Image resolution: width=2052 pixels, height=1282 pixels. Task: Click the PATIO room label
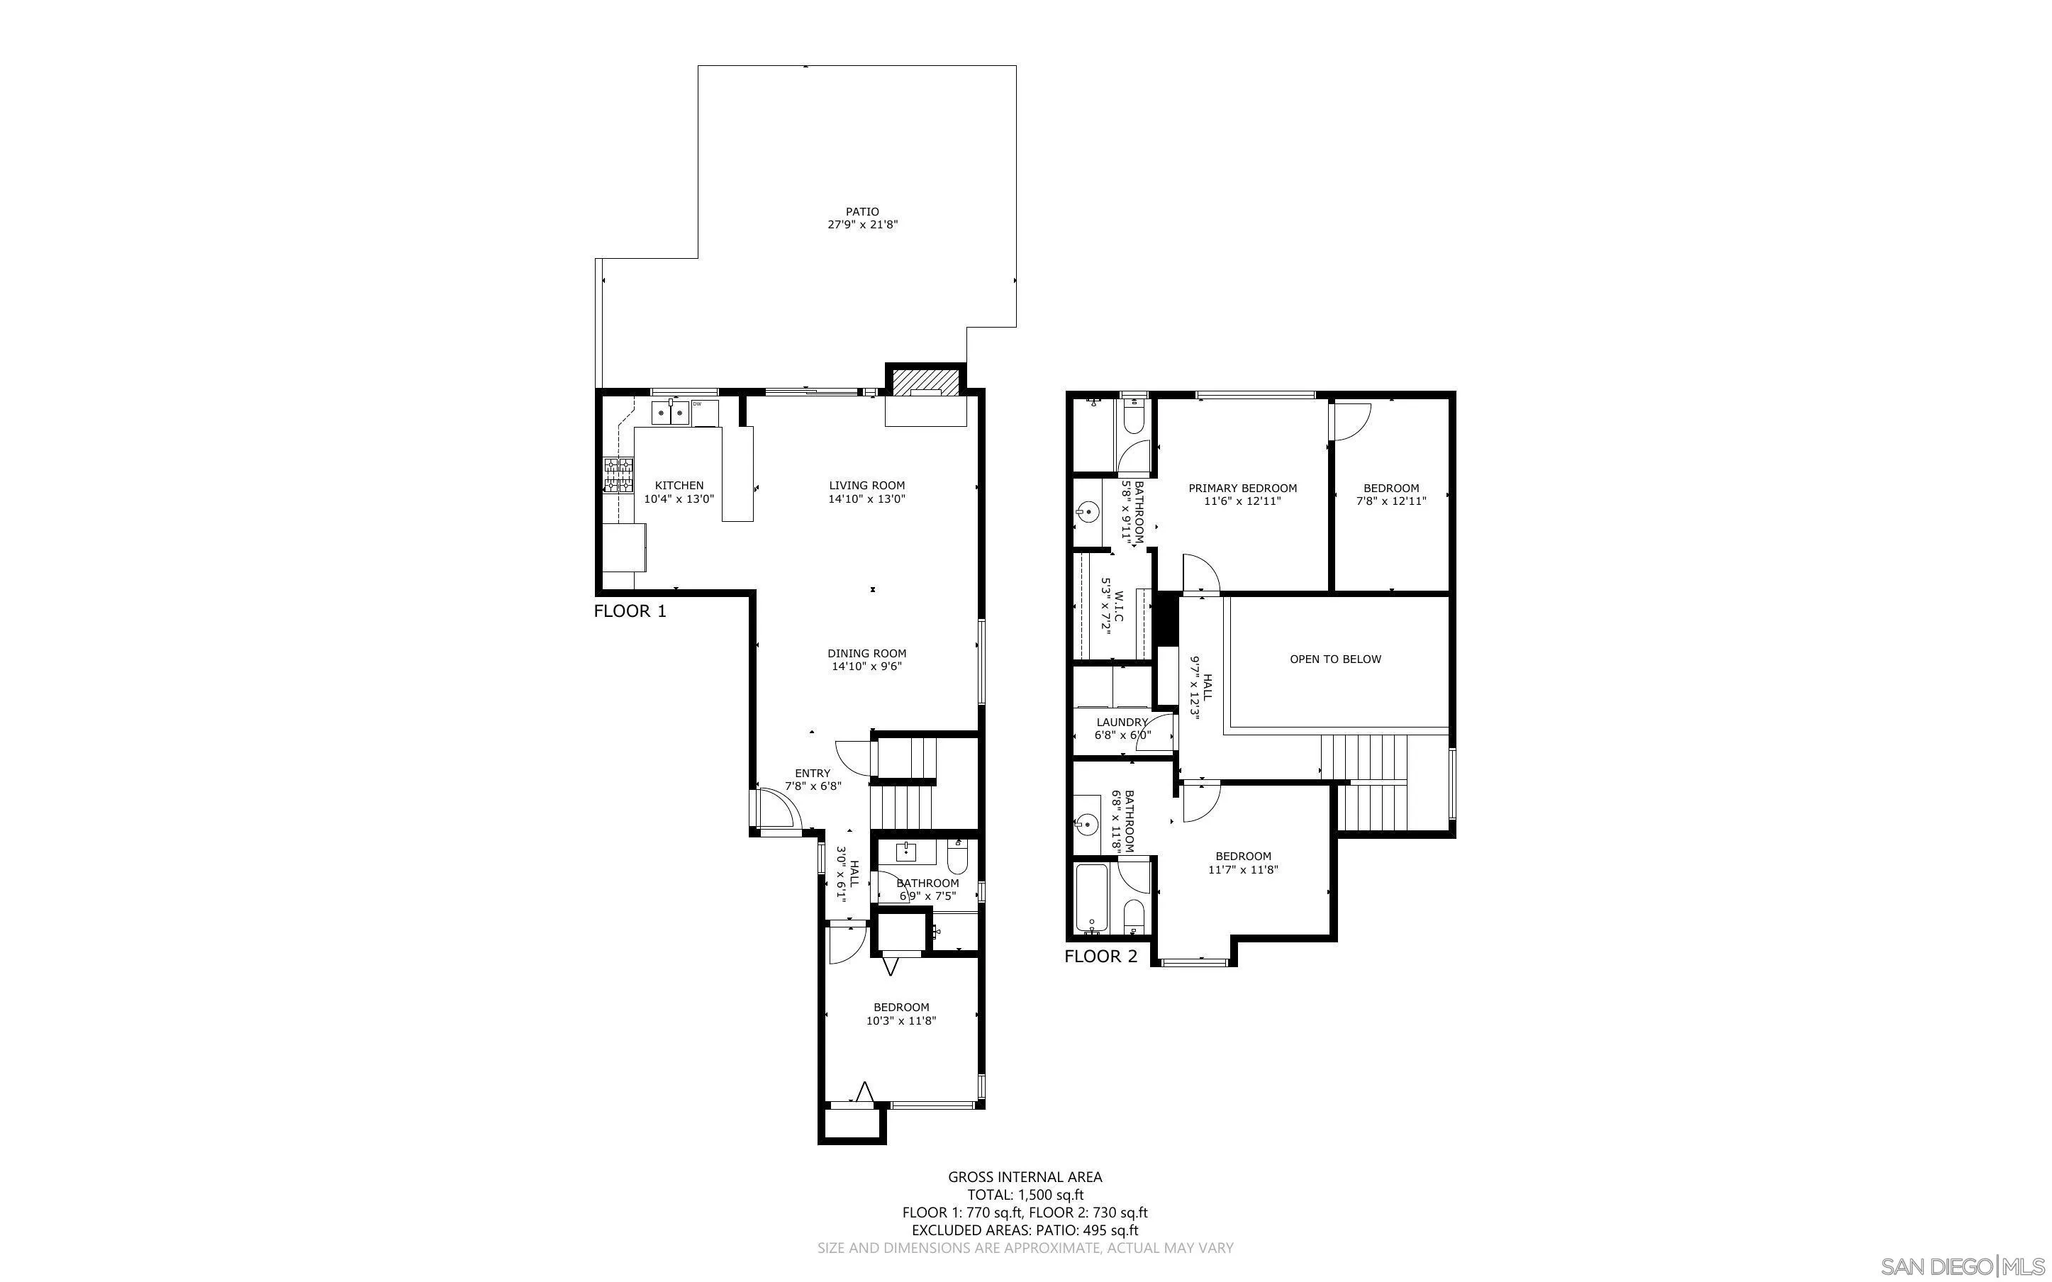pos(862,212)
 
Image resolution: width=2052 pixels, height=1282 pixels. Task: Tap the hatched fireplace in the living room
pos(925,381)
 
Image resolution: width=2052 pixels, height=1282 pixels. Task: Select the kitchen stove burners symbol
pos(618,475)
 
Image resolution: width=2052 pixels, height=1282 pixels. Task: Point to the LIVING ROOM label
pos(866,486)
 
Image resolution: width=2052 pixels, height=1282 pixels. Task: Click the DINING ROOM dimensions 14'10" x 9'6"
pos(866,667)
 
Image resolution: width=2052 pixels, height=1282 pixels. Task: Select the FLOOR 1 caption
pos(630,611)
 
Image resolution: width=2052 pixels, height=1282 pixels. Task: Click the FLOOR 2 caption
pos(1100,957)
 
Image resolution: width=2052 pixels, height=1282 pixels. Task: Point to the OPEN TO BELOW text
pos(1335,659)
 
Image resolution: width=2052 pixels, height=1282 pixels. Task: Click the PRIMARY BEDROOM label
pos(1242,489)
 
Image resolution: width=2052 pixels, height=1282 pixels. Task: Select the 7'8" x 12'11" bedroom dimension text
pos(1391,501)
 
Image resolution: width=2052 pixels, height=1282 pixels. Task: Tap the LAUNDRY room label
pos(1121,723)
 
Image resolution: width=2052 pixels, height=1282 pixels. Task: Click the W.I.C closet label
pos(1119,609)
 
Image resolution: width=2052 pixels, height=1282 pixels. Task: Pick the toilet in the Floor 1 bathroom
pos(958,858)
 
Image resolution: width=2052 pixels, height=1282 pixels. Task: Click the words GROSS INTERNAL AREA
pos(1025,1177)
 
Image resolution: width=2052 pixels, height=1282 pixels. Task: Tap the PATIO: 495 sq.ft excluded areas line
pos(1025,1230)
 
